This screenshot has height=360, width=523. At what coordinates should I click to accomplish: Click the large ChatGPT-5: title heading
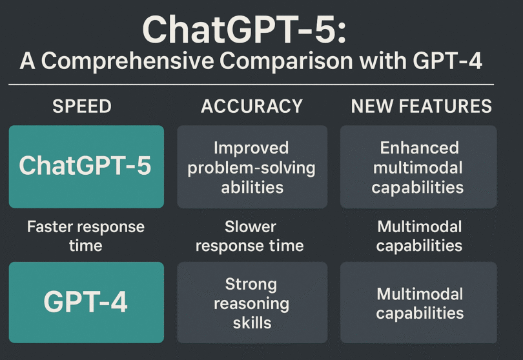click(x=245, y=29)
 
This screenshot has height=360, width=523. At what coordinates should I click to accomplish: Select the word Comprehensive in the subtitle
click(x=127, y=61)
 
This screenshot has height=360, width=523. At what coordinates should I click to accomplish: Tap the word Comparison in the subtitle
click(x=286, y=61)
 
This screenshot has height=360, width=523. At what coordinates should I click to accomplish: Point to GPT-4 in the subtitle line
click(x=447, y=61)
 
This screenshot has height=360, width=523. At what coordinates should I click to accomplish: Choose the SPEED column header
click(x=82, y=106)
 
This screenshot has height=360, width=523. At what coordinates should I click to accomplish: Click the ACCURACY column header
click(x=252, y=106)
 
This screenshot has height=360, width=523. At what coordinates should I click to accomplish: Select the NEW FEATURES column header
click(x=421, y=106)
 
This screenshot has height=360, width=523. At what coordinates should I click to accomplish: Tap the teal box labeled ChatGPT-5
click(x=87, y=166)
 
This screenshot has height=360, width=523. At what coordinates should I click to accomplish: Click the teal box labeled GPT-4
click(x=87, y=303)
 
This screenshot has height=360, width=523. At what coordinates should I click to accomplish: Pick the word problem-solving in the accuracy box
click(x=252, y=168)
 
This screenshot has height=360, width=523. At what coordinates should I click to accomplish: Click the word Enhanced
click(x=419, y=148)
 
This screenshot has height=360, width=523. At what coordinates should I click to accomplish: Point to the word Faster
click(x=50, y=226)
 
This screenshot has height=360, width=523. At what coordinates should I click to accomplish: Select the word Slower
click(x=251, y=226)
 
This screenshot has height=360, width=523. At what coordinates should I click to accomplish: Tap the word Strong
click(x=251, y=285)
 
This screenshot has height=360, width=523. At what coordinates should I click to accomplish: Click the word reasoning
click(x=252, y=305)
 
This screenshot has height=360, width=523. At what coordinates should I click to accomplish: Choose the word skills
click(x=252, y=323)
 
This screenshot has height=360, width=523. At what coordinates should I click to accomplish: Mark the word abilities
click(x=252, y=187)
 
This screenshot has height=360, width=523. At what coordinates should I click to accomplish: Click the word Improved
click(x=251, y=148)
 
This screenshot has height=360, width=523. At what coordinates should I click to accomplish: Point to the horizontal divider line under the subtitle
click(x=251, y=85)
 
